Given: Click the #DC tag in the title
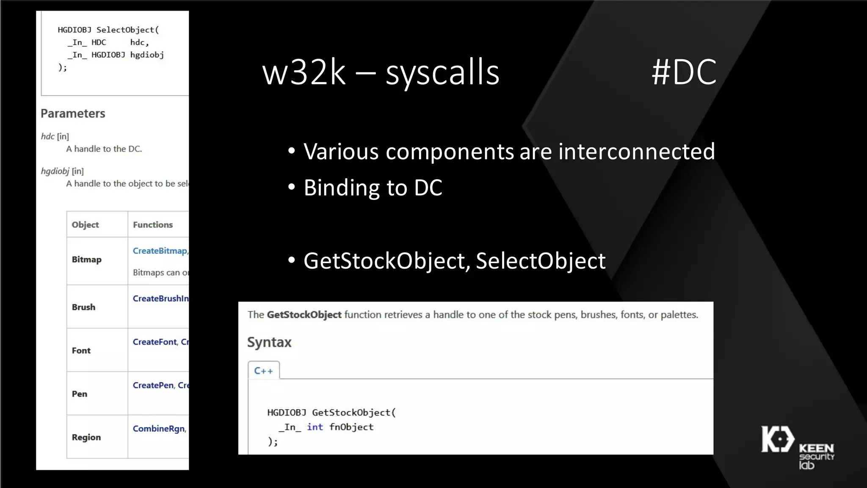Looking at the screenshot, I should [x=684, y=72].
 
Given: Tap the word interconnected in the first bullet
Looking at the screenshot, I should [x=636, y=152].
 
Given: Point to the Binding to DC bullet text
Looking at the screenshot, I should [x=373, y=188].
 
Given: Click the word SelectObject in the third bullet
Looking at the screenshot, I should [x=540, y=261].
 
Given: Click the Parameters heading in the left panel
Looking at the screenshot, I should [x=73, y=114].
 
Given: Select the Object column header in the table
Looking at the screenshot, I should [x=85, y=225].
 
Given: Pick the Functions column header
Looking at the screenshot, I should [x=153, y=225].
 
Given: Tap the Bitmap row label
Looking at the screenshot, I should [x=86, y=259].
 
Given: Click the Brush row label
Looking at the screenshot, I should [x=83, y=307].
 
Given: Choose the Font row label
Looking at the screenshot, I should [x=81, y=350].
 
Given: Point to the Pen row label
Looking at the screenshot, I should [x=79, y=394].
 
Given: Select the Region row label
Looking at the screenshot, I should [x=86, y=437].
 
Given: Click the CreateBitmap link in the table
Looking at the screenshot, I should [x=160, y=251].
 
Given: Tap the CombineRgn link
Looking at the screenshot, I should [x=159, y=429].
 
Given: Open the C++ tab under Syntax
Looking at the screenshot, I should [x=263, y=371].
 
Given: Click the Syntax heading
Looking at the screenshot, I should [x=269, y=342].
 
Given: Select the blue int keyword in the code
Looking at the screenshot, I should [x=315, y=427].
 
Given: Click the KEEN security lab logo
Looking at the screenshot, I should [x=797, y=447].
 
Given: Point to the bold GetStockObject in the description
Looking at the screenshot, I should [x=304, y=315].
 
